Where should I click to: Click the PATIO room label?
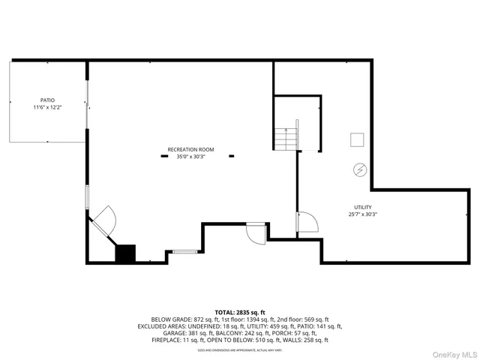point(47,100)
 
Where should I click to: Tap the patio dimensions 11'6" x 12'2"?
point(47,107)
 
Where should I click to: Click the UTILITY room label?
point(363,207)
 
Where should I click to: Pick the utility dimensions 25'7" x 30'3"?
point(363,214)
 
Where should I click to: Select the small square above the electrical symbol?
point(358,139)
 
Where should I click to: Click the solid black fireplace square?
point(124,253)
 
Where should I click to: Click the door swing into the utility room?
point(307,223)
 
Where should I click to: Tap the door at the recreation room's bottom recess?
point(257,231)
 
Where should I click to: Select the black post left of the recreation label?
point(164,157)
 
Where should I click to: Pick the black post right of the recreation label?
point(231,157)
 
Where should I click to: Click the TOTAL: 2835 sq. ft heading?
point(240,312)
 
